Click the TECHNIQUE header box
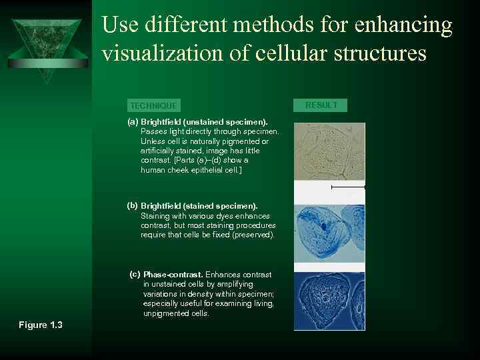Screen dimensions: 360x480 [153, 105]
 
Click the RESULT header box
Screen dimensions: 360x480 [321, 105]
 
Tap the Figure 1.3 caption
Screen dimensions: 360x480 [40, 325]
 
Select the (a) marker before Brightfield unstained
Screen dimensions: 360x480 [133, 122]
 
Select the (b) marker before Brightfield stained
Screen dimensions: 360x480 [133, 205]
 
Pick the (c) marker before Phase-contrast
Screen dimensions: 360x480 [135, 274]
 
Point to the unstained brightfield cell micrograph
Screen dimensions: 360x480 [329, 151]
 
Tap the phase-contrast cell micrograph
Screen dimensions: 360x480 [329, 300]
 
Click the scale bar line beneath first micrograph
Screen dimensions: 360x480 [348, 188]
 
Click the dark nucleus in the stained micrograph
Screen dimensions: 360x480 [324, 227]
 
